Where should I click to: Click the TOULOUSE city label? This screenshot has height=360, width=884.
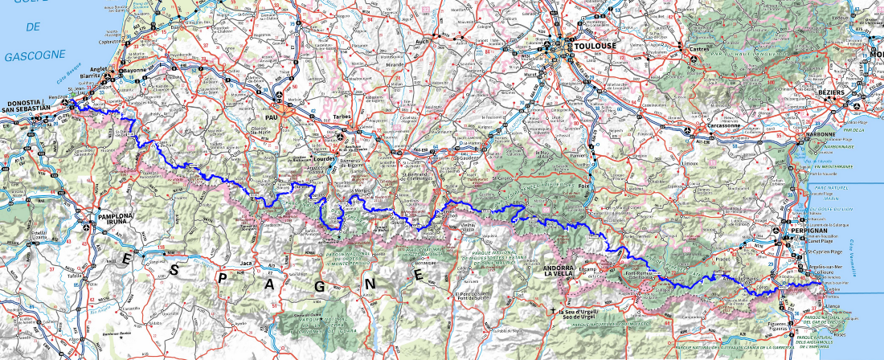[x=595, y=47]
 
